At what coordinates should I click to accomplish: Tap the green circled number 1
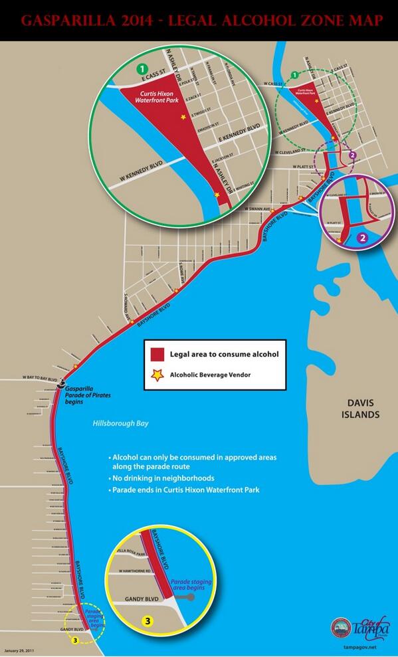pos(141,68)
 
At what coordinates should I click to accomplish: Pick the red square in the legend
pos(157,354)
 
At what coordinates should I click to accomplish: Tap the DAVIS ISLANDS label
pos(362,409)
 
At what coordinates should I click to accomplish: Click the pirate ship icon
pos(62,383)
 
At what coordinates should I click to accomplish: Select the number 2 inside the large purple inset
pos(362,236)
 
